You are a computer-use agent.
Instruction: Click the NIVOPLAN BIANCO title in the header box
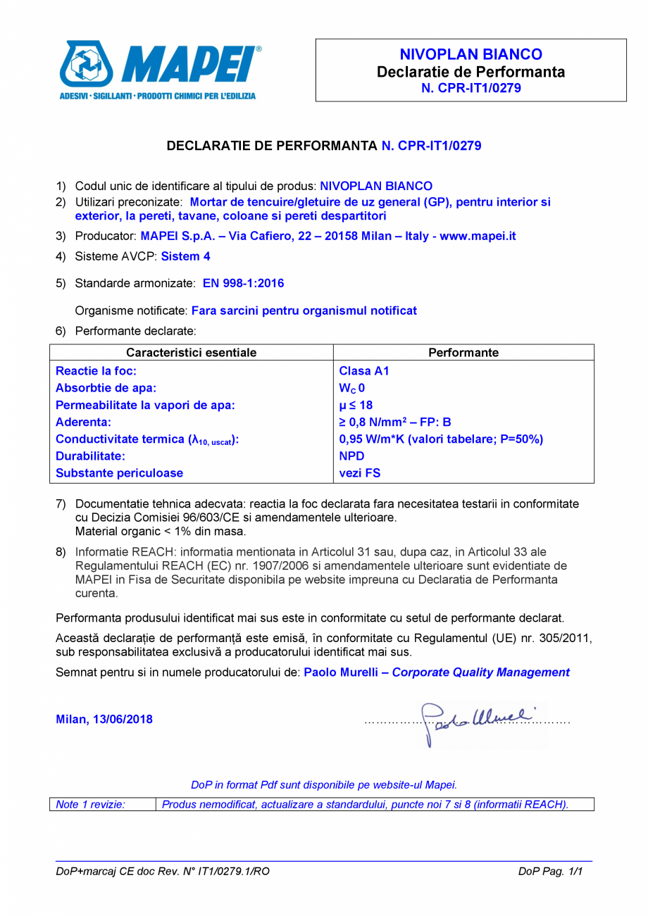pos(471,55)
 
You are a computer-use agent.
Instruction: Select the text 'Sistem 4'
pos(185,256)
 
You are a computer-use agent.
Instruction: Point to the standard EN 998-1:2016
pos(243,283)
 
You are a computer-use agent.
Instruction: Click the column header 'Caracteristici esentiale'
pos(191,352)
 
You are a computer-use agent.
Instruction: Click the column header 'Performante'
pos(463,352)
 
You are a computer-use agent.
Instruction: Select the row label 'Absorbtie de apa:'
pos(106,388)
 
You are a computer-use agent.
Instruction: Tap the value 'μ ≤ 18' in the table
pos(356,405)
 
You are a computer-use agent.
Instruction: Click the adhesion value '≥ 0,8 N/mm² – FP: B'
pos(394,422)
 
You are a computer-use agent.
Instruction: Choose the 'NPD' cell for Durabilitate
pos(351,456)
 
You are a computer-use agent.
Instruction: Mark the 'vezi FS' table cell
pos(359,473)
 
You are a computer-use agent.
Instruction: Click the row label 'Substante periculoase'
pos(119,473)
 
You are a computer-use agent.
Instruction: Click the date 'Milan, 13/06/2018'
pos(104,720)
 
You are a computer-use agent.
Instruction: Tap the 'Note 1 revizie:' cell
pos(90,804)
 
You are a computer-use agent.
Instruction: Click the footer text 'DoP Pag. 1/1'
pos(551,872)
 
